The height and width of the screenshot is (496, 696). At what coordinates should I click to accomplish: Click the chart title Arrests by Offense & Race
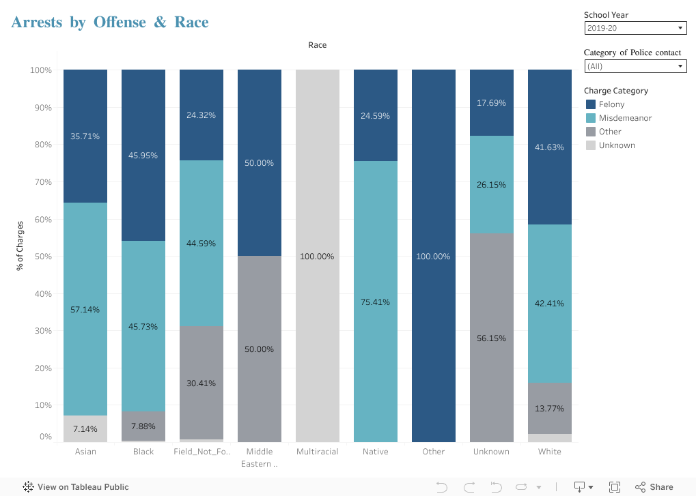click(x=110, y=23)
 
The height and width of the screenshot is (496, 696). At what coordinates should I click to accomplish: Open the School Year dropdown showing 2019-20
click(x=635, y=28)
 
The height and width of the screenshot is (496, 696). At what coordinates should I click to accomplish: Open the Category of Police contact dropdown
click(x=635, y=66)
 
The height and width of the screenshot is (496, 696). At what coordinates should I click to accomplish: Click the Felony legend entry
click(x=611, y=104)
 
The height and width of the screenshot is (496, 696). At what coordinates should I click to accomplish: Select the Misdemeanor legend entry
click(x=624, y=118)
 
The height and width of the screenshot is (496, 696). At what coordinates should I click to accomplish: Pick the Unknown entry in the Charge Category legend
click(x=616, y=145)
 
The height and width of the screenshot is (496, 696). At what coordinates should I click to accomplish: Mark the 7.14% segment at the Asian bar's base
click(x=85, y=428)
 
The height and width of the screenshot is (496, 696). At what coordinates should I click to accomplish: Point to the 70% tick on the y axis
click(x=42, y=182)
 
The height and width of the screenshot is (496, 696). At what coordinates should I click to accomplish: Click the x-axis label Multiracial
click(x=318, y=452)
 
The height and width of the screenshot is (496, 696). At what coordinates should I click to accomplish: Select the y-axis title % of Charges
click(x=20, y=246)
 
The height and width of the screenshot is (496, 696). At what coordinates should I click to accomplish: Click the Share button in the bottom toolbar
click(x=654, y=487)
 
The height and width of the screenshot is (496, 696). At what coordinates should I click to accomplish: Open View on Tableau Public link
click(x=76, y=487)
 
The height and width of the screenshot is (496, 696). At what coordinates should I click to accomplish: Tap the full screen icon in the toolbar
click(x=615, y=487)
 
